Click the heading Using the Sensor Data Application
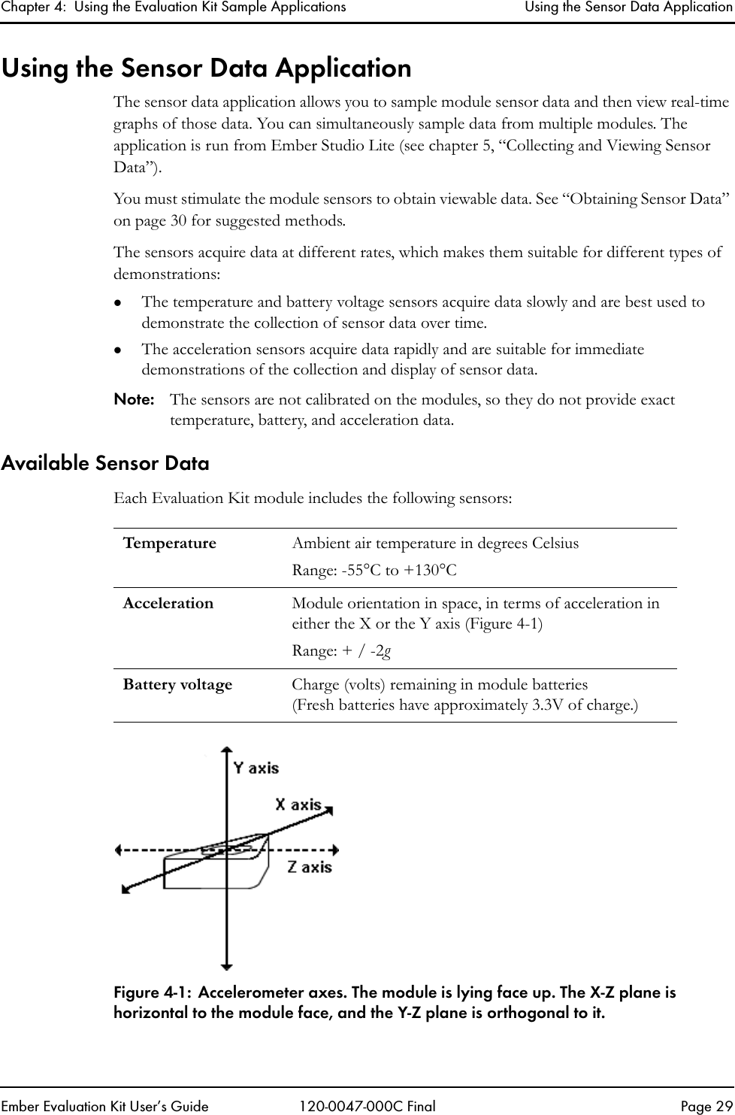(206, 68)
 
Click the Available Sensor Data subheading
(105, 463)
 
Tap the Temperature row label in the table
(169, 543)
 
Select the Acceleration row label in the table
(168, 603)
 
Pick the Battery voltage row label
(177, 684)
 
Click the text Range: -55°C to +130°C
(374, 571)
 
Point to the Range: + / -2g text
(340, 651)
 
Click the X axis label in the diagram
(298, 804)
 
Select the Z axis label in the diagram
(310, 867)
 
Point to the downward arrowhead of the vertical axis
(226, 965)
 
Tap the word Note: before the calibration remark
(133, 399)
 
